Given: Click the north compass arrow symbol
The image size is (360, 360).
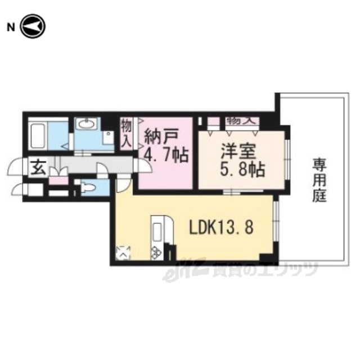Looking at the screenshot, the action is [33, 26].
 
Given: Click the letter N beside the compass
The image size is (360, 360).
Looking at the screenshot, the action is [11, 28].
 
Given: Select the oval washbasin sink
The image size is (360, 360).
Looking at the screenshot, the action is [86, 124].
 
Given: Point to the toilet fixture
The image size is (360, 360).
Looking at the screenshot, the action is [88, 187].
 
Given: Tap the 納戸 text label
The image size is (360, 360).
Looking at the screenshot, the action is [161, 137].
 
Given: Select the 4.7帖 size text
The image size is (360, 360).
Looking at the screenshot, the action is [166, 155].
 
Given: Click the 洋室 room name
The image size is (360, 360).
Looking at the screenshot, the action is [238, 151].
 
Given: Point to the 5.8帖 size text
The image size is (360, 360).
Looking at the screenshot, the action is [242, 169].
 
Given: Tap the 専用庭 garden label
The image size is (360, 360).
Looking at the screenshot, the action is [319, 180].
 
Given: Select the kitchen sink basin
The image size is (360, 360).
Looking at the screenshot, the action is [157, 232].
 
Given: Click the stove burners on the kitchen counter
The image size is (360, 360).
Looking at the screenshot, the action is [156, 252].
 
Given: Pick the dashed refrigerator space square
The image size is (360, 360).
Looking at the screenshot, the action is [123, 253].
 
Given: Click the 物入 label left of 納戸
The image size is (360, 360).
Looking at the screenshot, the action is [127, 134].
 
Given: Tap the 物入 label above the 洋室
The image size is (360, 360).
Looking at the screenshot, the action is [242, 121].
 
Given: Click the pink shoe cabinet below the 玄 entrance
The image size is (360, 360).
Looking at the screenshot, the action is [58, 181].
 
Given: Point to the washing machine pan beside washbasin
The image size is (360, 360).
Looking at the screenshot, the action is [108, 137].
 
